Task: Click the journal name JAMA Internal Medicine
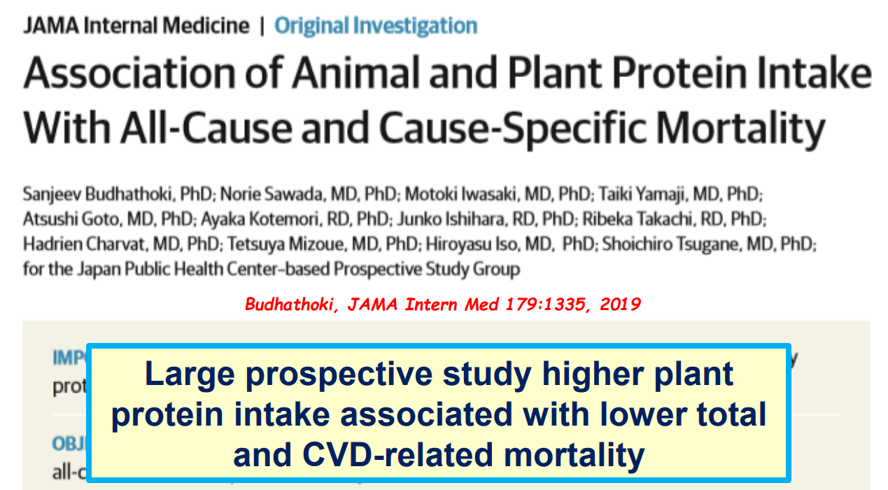click(x=136, y=27)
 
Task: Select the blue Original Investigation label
click(x=376, y=27)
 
